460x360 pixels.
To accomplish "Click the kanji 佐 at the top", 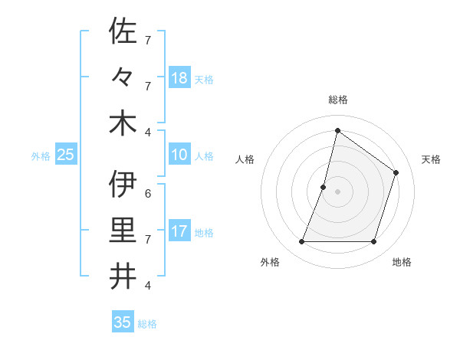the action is click(123, 31).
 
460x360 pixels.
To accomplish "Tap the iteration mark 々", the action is click(123, 78).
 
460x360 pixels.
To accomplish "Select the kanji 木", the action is click(123, 123).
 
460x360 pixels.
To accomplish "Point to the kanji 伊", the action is click(123, 185).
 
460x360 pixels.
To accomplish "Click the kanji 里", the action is click(123, 230).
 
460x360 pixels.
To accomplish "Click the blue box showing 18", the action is click(179, 77).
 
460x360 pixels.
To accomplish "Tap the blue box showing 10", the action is click(179, 155).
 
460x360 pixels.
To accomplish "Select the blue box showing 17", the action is click(179, 231).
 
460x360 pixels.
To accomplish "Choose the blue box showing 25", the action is click(65, 155).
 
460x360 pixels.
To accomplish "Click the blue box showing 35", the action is click(122, 322).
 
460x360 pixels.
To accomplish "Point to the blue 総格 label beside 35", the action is click(147, 324).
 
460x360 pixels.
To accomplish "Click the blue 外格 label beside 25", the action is click(41, 156).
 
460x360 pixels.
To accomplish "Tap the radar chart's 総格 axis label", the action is click(338, 100).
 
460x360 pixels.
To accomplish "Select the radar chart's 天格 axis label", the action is click(432, 159).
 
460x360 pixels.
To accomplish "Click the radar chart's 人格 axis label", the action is click(245, 159).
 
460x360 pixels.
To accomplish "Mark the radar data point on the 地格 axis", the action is click(374, 242).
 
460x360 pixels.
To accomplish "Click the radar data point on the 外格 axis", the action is click(301, 242).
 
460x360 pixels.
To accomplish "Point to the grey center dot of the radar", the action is click(337, 191).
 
